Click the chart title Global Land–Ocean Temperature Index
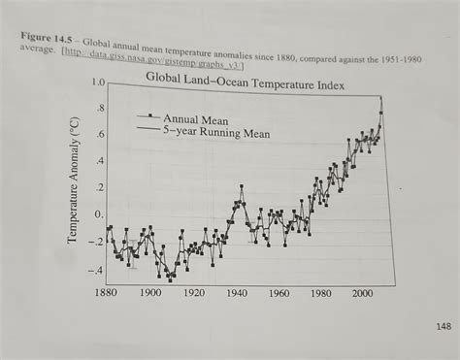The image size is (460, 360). pos(244,79)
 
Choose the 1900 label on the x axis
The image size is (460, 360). pos(149,292)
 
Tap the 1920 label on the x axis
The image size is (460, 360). pos(193,292)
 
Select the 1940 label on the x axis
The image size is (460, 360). pos(236,292)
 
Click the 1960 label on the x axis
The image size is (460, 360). pos(279,292)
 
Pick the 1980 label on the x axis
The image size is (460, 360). pos(321,292)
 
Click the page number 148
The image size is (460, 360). pos(443,326)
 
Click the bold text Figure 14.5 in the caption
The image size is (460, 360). pos(49,36)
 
